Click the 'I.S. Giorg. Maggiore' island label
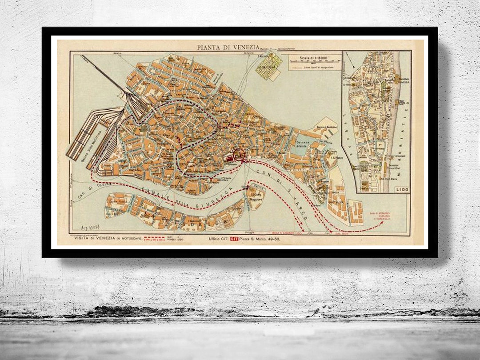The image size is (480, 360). (256, 196)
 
